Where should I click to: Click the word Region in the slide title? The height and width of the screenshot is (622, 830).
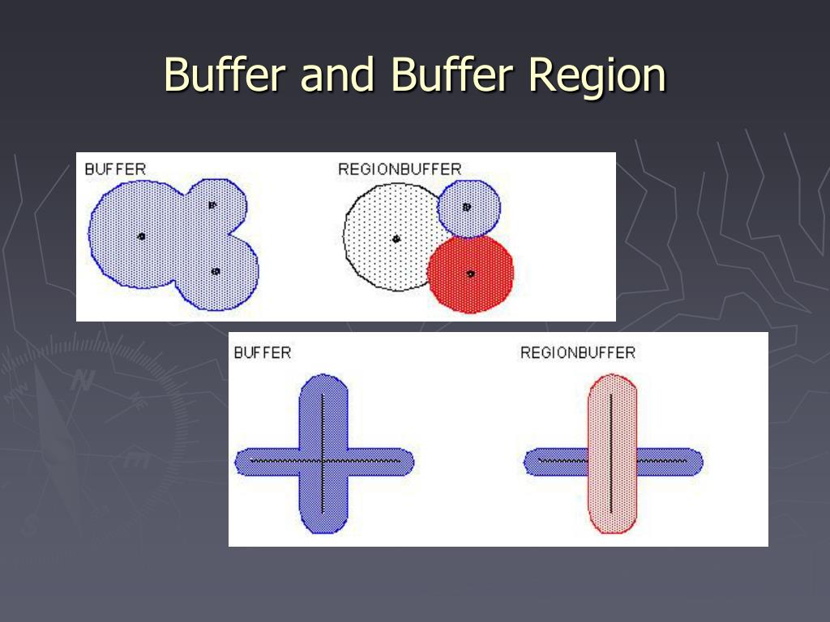click(x=597, y=75)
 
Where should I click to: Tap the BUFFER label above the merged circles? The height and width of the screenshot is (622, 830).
click(x=115, y=169)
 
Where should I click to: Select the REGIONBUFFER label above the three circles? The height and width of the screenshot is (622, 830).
click(x=399, y=169)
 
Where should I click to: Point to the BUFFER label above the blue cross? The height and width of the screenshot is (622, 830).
click(x=262, y=352)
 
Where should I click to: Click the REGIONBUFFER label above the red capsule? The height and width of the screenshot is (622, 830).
click(x=577, y=352)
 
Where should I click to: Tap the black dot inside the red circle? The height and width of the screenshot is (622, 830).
click(x=470, y=274)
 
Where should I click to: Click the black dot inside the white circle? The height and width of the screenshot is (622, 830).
click(x=396, y=239)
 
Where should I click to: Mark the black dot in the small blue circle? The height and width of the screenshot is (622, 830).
click(x=466, y=207)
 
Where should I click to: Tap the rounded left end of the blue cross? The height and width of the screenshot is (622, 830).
click(x=243, y=462)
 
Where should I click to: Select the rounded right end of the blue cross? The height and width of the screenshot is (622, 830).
click(x=404, y=462)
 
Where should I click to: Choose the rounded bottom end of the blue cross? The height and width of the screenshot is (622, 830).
click(x=323, y=523)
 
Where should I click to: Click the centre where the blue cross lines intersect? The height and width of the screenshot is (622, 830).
click(x=323, y=461)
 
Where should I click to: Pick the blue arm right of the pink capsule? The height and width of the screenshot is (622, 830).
click(x=669, y=462)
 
